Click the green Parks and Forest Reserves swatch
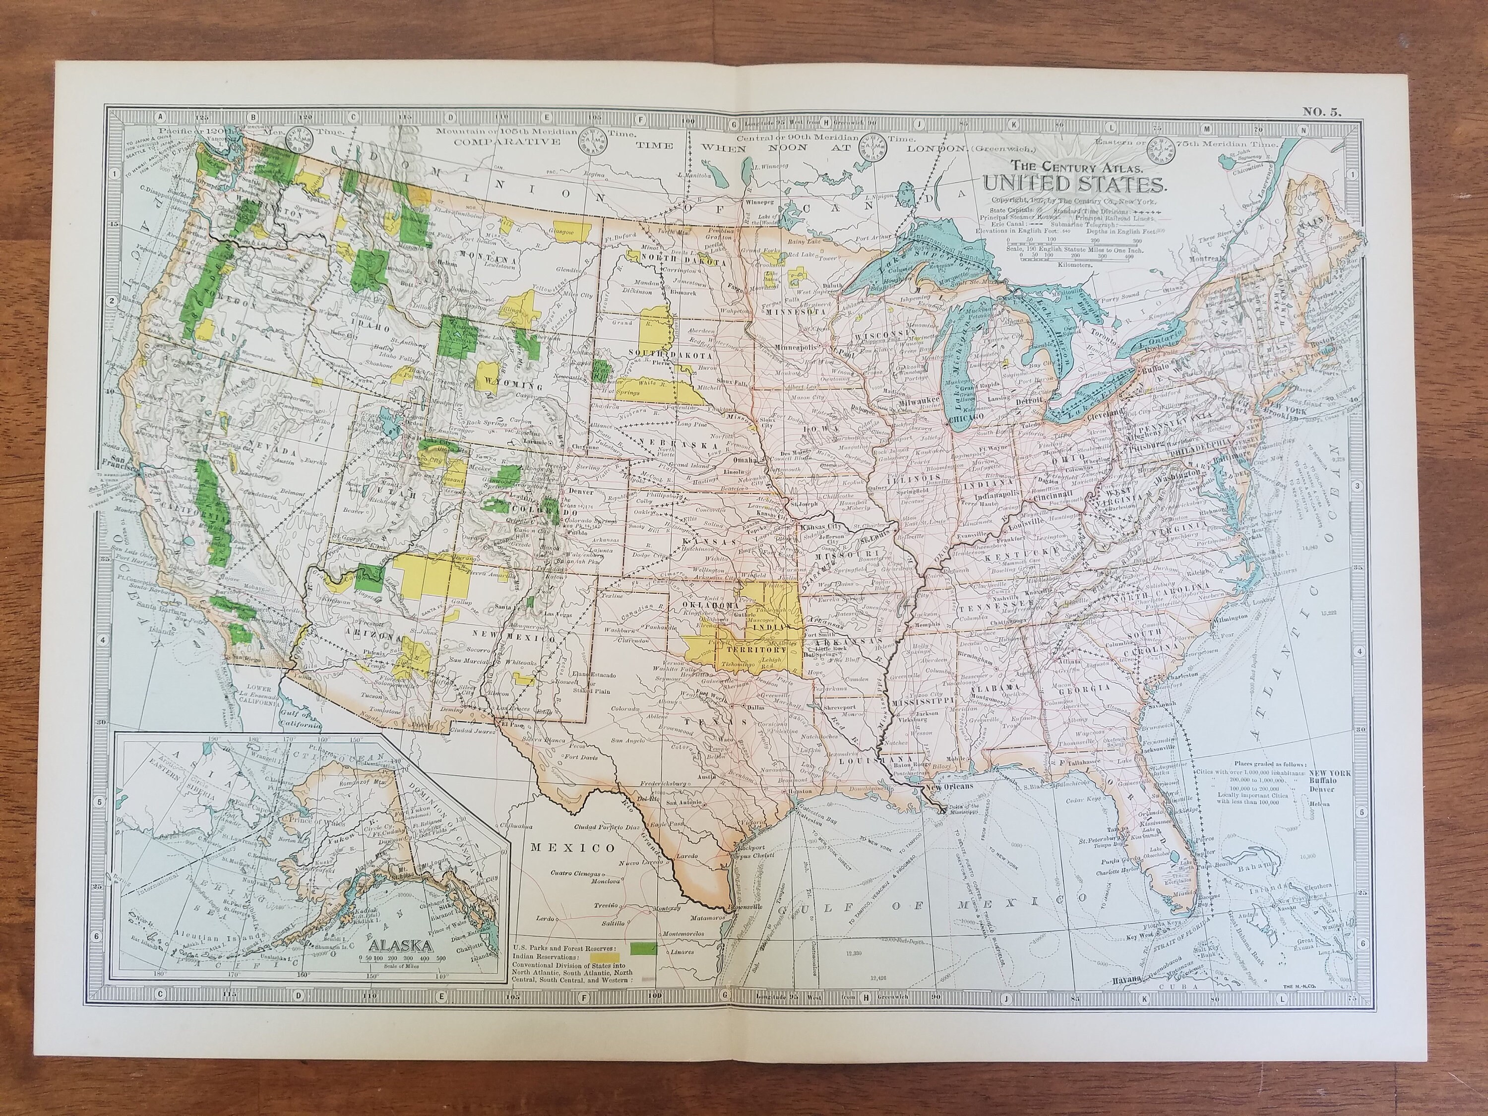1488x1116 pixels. (644, 948)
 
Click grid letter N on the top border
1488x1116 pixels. (1303, 130)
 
